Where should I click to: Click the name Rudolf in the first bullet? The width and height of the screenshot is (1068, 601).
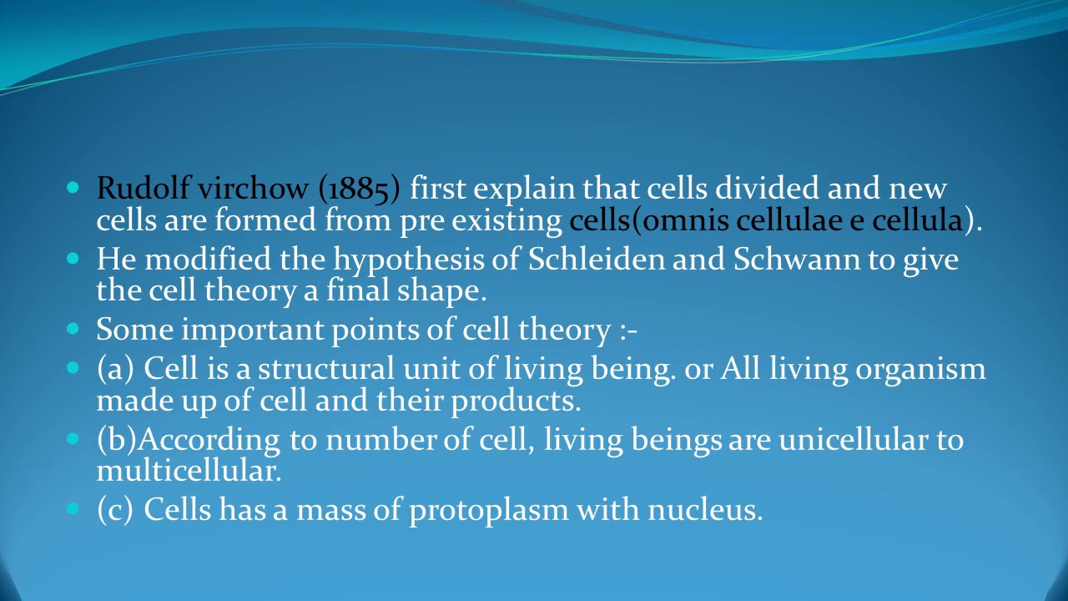pyautogui.click(x=143, y=189)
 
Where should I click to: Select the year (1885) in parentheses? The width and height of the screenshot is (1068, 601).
pyautogui.click(x=359, y=189)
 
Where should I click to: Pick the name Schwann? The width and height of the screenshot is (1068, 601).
pyautogui.click(x=796, y=260)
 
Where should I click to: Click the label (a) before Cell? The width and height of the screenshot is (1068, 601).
pyautogui.click(x=115, y=369)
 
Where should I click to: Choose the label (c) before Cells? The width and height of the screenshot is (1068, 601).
pyautogui.click(x=114, y=509)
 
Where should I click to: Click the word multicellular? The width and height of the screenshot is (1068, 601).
pyautogui.click(x=189, y=471)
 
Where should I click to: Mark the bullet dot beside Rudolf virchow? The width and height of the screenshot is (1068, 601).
pyautogui.click(x=73, y=188)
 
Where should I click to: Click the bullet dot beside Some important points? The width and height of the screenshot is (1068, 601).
pyautogui.click(x=73, y=330)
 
